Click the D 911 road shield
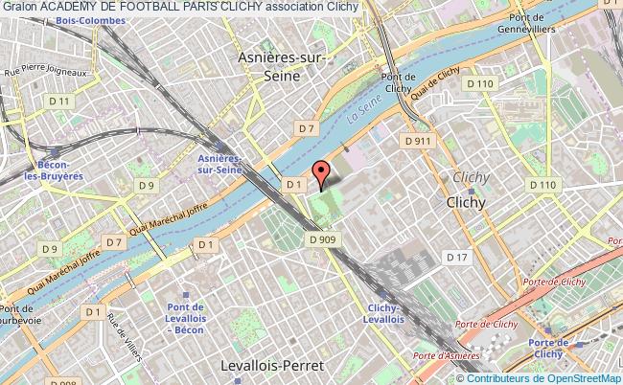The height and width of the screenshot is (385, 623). tap(418, 141)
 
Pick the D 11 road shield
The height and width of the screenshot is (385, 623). tap(62, 102)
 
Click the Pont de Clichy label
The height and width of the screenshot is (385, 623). tap(396, 84)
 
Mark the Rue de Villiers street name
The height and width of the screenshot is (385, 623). tap(125, 334)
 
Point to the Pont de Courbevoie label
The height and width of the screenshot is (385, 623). tap(20, 315)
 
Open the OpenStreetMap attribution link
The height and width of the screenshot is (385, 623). tap(565, 377)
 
